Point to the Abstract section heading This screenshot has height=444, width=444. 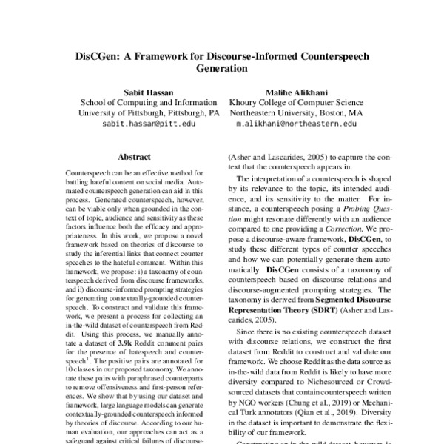pyautogui.click(x=134, y=157)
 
